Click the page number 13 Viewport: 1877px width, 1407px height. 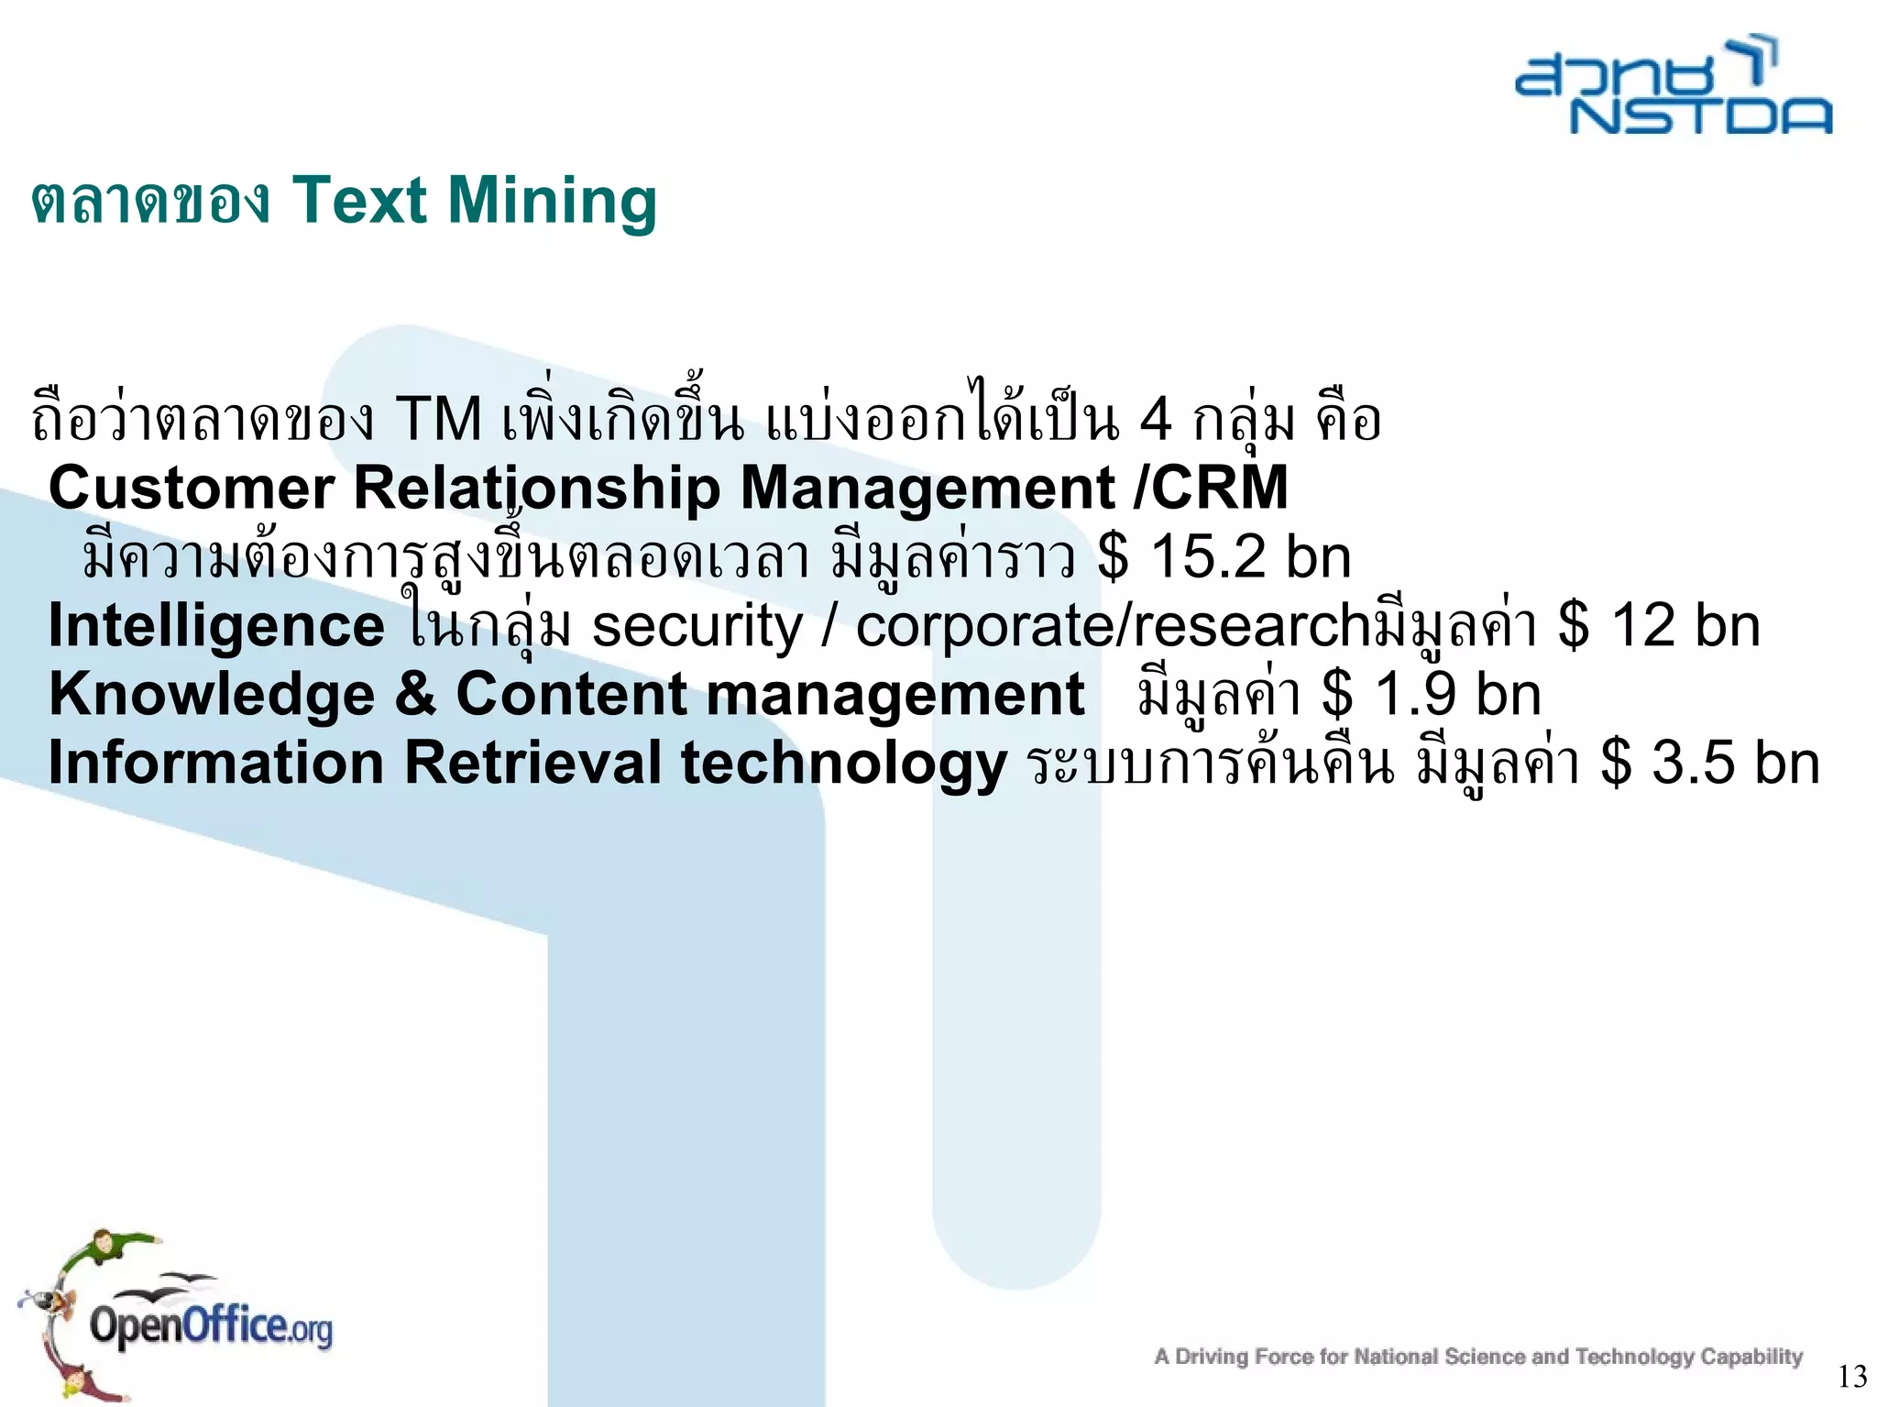1852,1376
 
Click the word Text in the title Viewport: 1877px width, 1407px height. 359,201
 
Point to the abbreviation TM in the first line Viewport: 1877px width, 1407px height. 439,420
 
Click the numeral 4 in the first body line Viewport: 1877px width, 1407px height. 1156,420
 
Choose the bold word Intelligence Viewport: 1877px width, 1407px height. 216,626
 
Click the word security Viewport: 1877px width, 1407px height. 697,626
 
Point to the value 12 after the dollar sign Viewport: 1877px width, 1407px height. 1642,626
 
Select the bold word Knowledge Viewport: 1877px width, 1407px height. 212,694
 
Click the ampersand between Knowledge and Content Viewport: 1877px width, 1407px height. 415,694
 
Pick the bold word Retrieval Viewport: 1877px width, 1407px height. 532,763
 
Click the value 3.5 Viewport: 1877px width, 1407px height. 1688,763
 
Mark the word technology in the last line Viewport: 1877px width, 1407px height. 844,763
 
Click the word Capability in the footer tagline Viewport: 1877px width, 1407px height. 1751,1356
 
